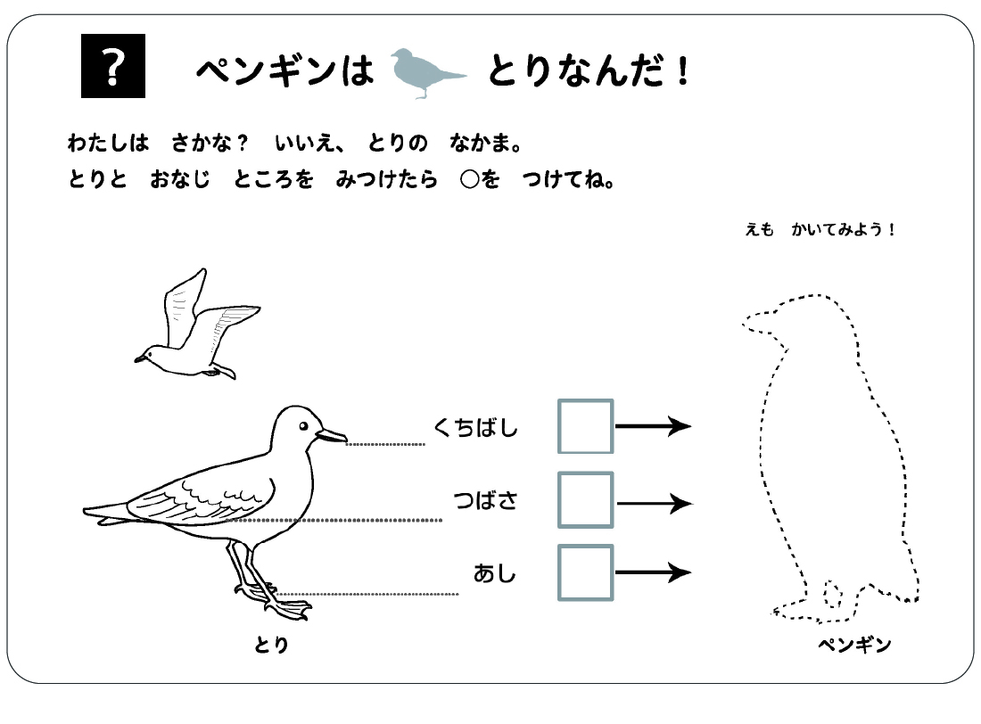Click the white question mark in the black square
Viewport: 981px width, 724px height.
112,66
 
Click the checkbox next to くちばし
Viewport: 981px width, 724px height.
585,426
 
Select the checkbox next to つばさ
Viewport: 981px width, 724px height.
585,500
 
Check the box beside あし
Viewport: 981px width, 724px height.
585,572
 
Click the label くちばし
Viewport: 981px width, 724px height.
475,428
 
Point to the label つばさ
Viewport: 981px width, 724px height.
485,501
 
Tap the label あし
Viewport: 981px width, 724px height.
495,573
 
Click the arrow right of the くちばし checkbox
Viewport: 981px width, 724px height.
653,426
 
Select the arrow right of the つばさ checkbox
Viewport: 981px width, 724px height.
653,504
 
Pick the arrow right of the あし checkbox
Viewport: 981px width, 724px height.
653,572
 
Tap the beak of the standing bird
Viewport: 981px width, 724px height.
332,435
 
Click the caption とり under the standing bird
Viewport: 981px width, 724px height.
271,645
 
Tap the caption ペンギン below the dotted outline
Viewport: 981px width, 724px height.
854,645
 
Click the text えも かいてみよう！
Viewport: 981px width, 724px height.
820,230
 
